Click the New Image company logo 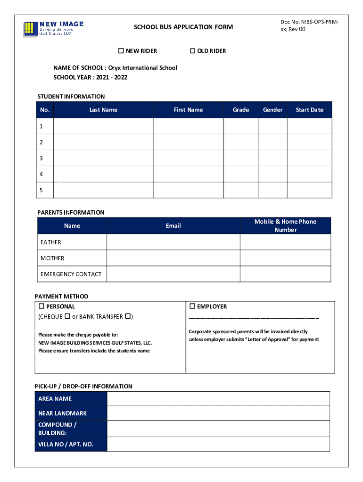click(x=53, y=28)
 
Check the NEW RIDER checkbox click(x=121, y=51)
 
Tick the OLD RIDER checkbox click(x=192, y=51)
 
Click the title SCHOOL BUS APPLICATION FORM click(x=183, y=27)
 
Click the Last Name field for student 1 click(x=103, y=126)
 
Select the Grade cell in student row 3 click(x=240, y=158)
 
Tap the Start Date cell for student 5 click(x=309, y=190)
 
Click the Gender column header click(x=272, y=110)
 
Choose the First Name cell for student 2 click(x=188, y=142)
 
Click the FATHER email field click(x=173, y=242)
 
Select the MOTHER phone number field click(x=285, y=258)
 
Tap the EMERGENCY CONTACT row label click(x=71, y=274)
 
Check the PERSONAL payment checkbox click(x=41, y=306)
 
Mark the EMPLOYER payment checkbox click(x=192, y=306)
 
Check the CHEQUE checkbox click(x=67, y=316)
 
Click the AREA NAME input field click(x=218, y=399)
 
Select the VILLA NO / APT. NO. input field click(x=218, y=444)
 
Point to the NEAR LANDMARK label click(x=63, y=413)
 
